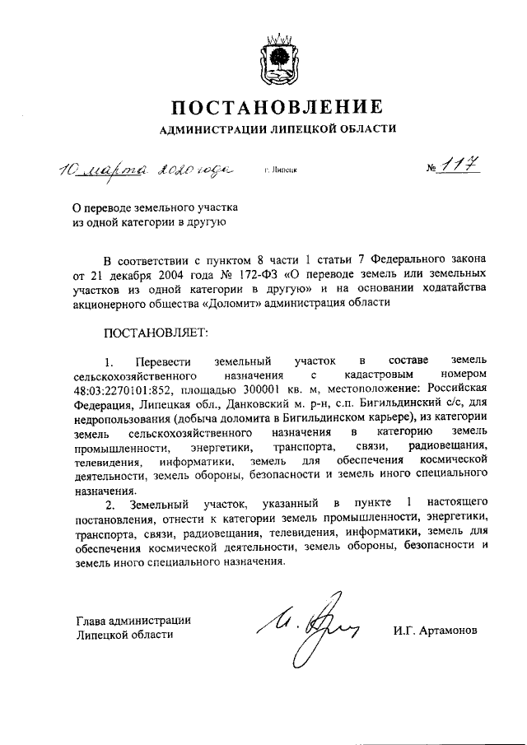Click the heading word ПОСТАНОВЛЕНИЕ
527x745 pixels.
pos(277,106)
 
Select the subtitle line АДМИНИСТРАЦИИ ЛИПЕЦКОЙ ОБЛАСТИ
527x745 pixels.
pos(277,129)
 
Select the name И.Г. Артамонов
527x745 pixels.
pos(434,631)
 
